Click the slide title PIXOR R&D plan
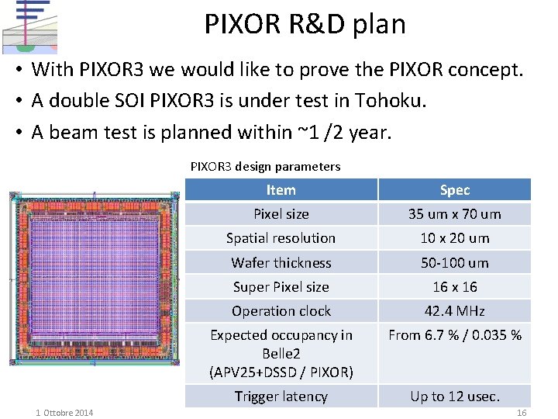(305, 25)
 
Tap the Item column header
(281, 190)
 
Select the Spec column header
(455, 190)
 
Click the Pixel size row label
(281, 214)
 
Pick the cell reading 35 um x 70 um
(455, 214)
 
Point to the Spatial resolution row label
(281, 238)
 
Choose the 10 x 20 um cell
(455, 238)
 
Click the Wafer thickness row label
(281, 263)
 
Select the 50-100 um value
(455, 263)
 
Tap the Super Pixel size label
(281, 287)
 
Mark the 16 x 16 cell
(455, 287)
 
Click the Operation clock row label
(281, 311)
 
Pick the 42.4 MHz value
(455, 311)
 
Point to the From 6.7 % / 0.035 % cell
(455, 335)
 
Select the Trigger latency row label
(281, 396)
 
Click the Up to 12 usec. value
(455, 396)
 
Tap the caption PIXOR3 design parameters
(265, 166)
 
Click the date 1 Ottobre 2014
(64, 413)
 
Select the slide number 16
(522, 413)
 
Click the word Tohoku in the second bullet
(391, 101)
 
